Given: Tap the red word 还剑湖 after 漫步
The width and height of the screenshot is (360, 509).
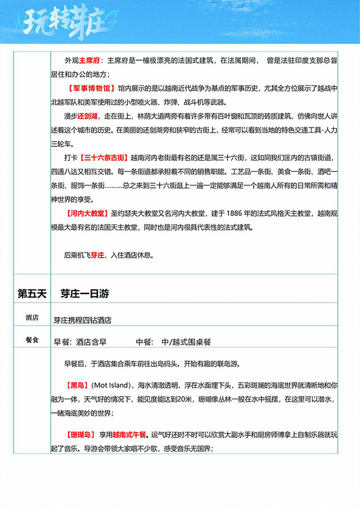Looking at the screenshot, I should click(x=87, y=116).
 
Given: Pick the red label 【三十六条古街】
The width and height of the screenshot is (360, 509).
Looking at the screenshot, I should click(x=104, y=157).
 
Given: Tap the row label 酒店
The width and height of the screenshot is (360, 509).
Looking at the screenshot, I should click(x=32, y=318).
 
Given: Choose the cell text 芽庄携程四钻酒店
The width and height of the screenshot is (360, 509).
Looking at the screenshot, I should click(x=83, y=320).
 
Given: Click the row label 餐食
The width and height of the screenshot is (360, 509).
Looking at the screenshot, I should click(x=32, y=340).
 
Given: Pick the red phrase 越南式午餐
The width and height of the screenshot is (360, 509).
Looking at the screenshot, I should click(x=129, y=434).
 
